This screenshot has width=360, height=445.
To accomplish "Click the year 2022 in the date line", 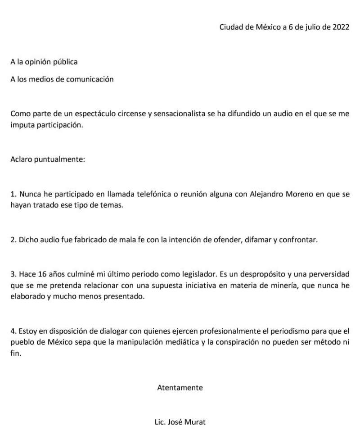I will (x=340, y=27).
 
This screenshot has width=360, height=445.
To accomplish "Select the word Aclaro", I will (x=21, y=160).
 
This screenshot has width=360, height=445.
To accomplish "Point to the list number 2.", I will (x=13, y=240).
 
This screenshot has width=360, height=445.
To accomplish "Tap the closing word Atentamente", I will (x=180, y=387).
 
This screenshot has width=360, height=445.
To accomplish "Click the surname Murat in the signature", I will (x=195, y=422).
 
